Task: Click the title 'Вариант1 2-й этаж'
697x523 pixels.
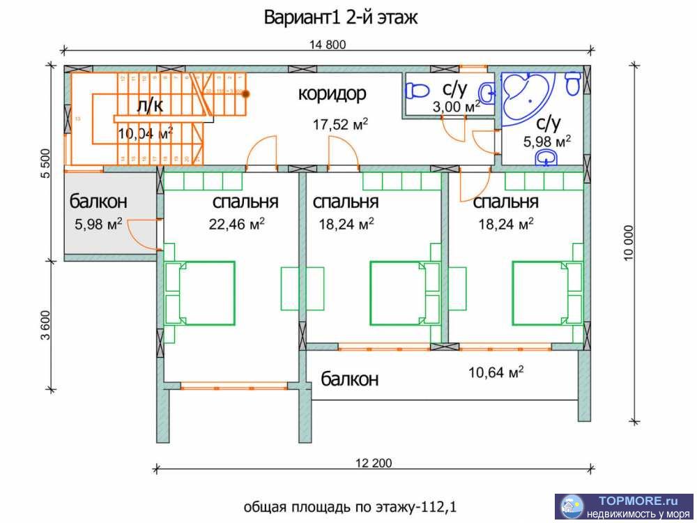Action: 341,17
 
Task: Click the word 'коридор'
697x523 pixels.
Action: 332,93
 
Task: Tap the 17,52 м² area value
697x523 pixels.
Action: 341,125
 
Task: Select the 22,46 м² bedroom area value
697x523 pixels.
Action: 236,225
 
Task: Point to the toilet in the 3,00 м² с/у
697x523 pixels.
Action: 419,90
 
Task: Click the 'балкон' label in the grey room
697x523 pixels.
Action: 98,202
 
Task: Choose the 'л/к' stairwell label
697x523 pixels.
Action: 151,105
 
